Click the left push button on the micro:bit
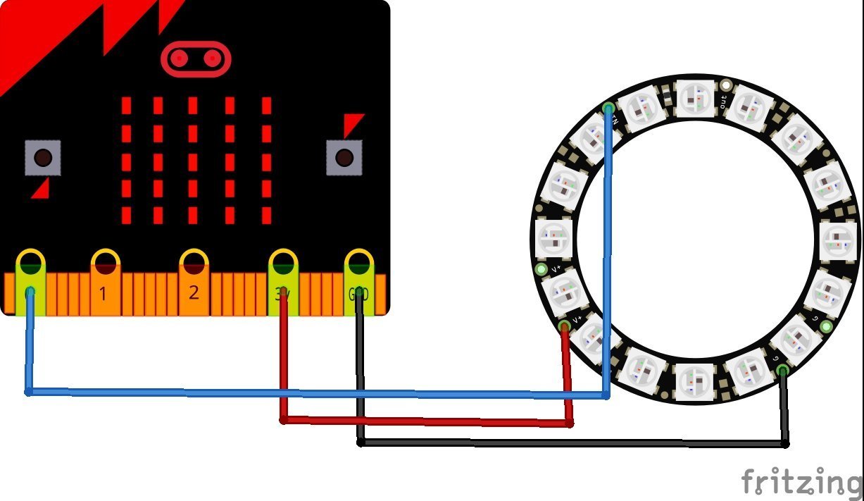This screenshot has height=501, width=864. coord(43,157)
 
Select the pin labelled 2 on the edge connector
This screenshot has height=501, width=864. coord(193,282)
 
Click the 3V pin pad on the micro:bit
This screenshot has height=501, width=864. coord(282,282)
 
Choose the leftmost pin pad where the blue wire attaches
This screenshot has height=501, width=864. coord(30,282)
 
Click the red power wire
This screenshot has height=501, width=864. coord(422,421)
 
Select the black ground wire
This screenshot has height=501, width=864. coord(563,443)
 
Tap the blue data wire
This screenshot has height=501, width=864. coord(317,393)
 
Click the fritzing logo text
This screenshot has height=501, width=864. coord(801,483)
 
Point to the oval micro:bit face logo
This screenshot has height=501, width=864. coord(196,58)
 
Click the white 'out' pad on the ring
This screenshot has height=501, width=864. coord(727,87)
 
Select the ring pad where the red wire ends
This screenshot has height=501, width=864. coord(564,326)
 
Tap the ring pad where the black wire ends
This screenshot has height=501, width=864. coord(783,371)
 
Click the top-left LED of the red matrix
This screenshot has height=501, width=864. coord(126,106)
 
